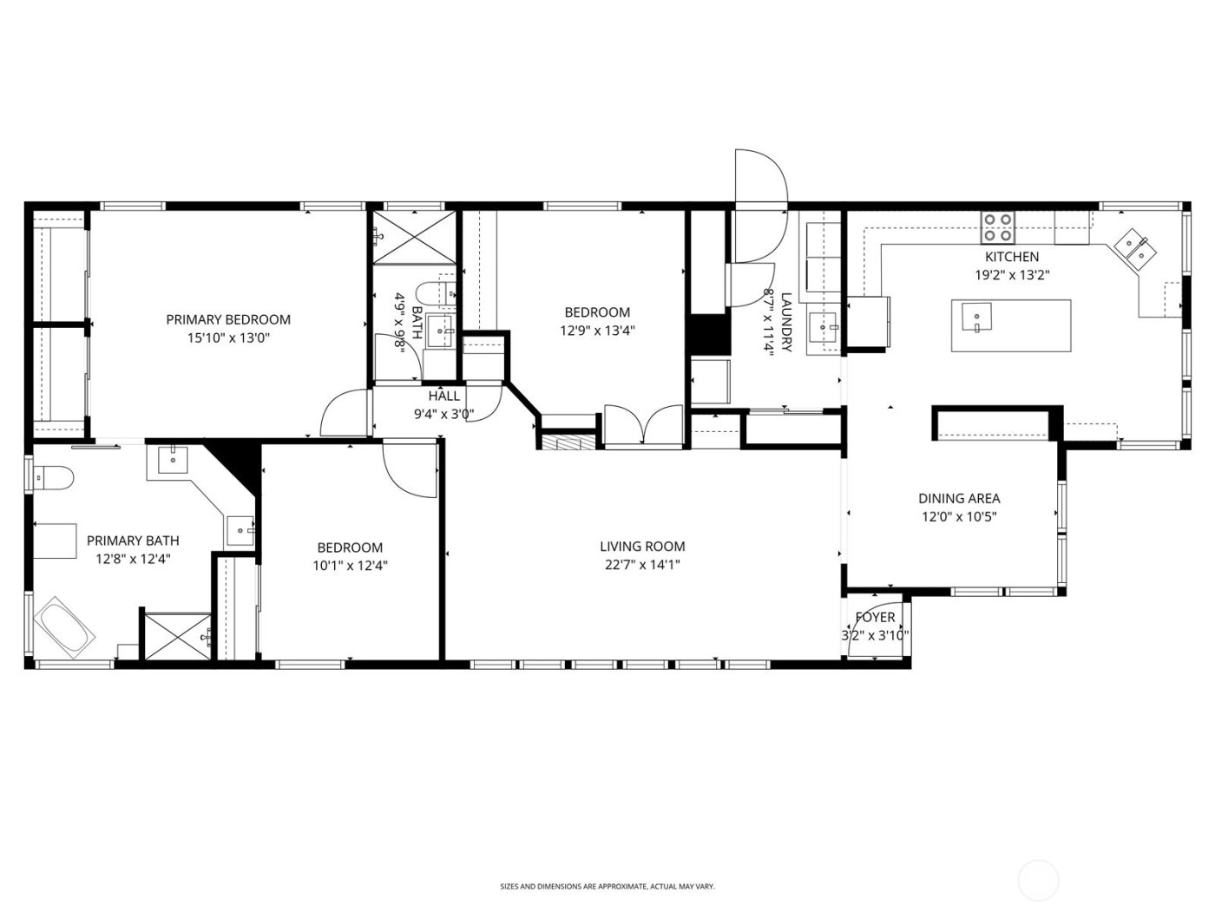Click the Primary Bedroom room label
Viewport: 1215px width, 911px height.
tap(228, 319)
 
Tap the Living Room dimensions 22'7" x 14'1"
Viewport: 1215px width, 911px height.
tap(642, 565)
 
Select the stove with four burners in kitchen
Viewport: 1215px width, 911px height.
tap(998, 227)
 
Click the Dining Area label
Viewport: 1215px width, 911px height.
tap(959, 498)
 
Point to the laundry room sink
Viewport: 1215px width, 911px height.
tap(822, 328)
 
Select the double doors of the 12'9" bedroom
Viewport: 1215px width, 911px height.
tap(643, 426)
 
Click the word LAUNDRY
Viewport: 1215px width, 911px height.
tap(786, 321)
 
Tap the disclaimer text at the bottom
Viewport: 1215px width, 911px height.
tap(607, 886)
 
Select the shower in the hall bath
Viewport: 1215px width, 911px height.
tap(413, 234)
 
